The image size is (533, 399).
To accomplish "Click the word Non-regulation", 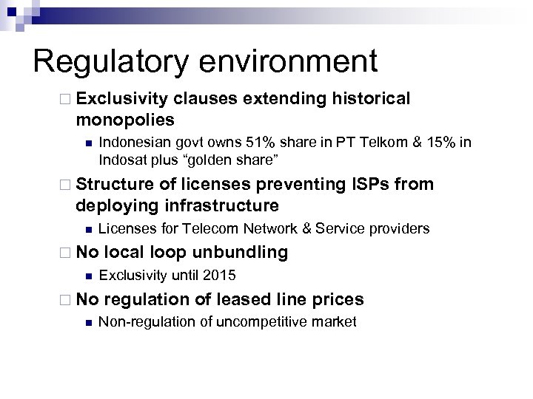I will (141, 323).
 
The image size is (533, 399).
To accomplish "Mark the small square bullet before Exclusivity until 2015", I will (88, 277).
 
